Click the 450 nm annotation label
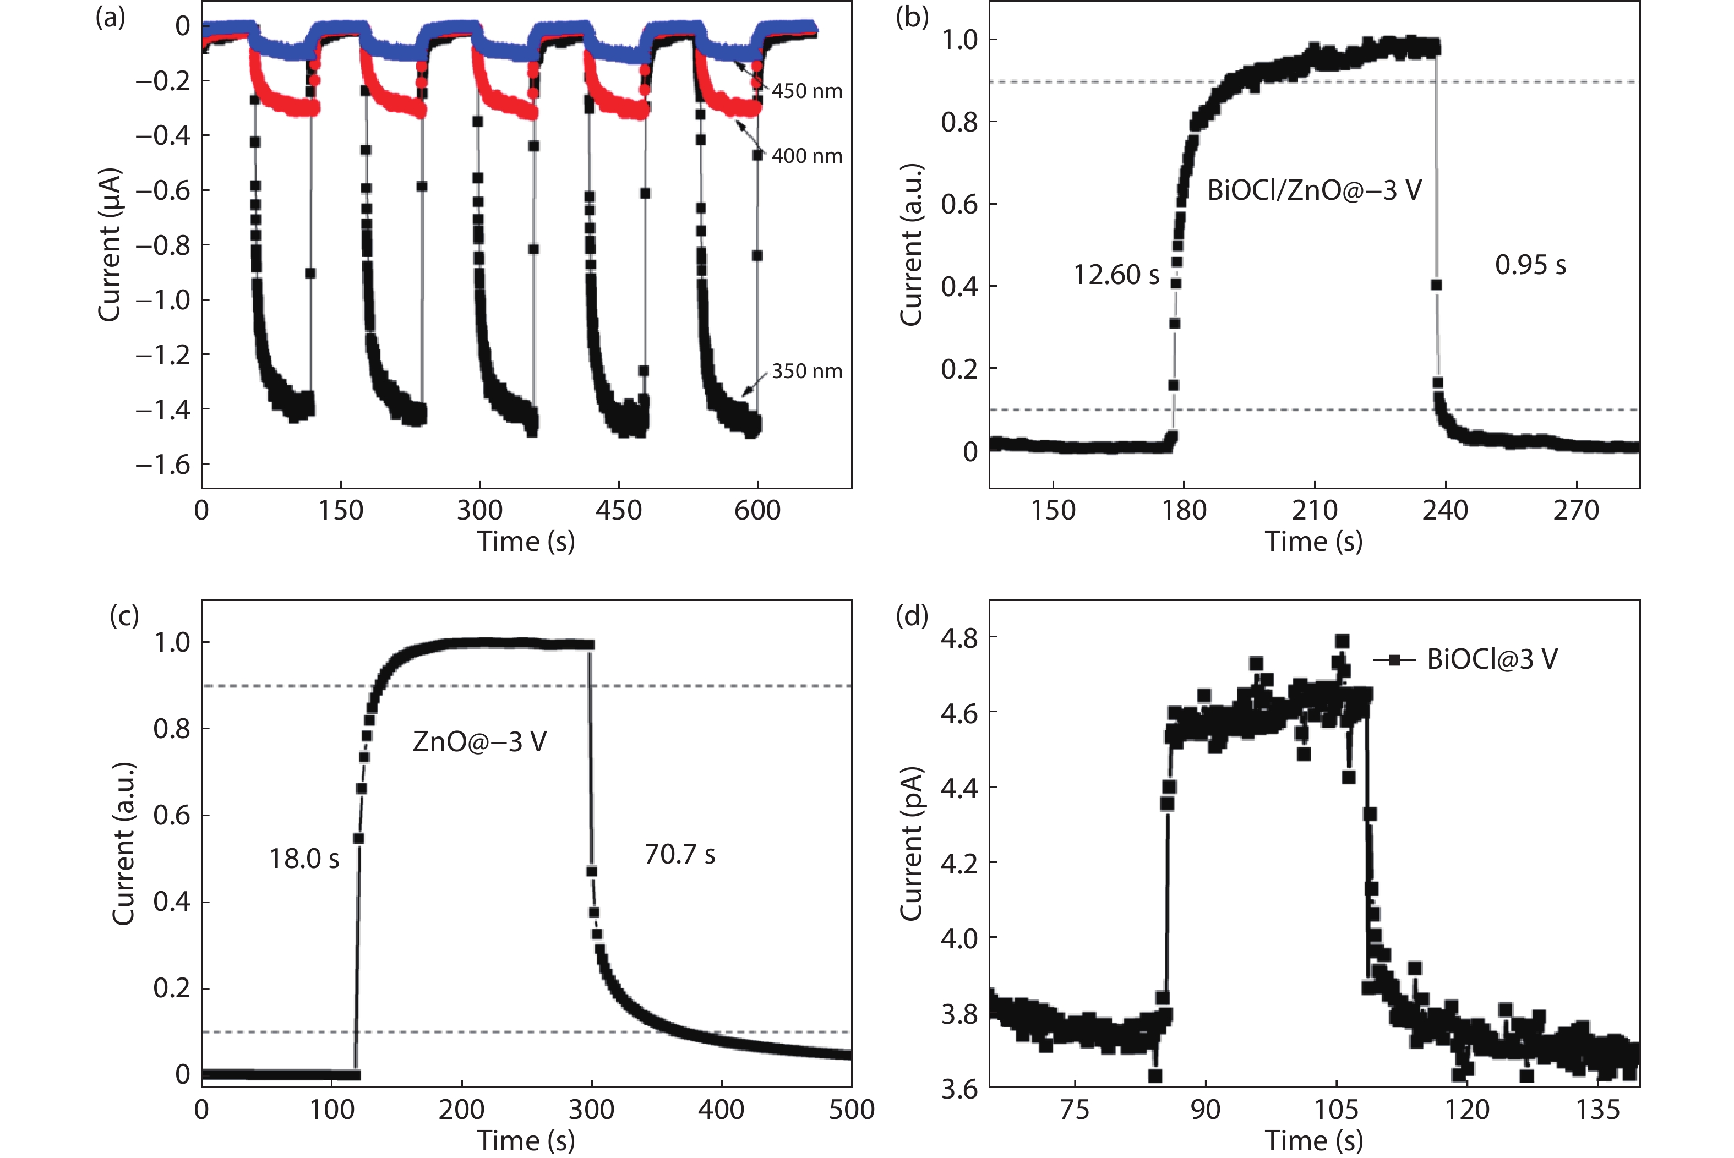[x=806, y=91]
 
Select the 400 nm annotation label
[x=806, y=156]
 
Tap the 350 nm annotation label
[x=806, y=371]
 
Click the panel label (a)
[x=110, y=17]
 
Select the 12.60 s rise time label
[x=1116, y=275]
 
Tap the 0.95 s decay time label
[x=1530, y=265]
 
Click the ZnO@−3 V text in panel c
[x=479, y=741]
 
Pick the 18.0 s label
[x=303, y=858]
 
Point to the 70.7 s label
[x=679, y=855]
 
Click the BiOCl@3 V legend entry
[x=1492, y=659]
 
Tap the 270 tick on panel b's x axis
[x=1575, y=510]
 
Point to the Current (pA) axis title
[x=911, y=843]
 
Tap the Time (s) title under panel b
[x=1314, y=542]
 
